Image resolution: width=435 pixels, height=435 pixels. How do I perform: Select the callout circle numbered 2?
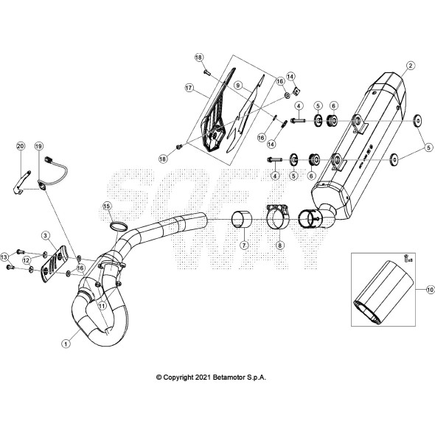coord(410,66)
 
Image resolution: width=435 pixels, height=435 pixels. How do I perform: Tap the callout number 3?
coord(45,235)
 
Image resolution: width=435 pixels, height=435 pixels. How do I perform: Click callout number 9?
coord(238,86)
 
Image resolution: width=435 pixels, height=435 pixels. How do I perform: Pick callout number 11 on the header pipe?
coord(102,304)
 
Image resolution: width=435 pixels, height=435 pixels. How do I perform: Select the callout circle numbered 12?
coord(27,260)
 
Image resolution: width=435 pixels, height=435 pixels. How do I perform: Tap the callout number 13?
coord(5,257)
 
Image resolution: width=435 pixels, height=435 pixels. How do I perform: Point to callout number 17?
coord(189,88)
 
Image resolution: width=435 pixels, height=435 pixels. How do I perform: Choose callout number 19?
coord(38,147)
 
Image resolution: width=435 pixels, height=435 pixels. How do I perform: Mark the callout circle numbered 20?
coord(20,147)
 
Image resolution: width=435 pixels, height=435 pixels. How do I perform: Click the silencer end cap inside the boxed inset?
coord(380,302)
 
